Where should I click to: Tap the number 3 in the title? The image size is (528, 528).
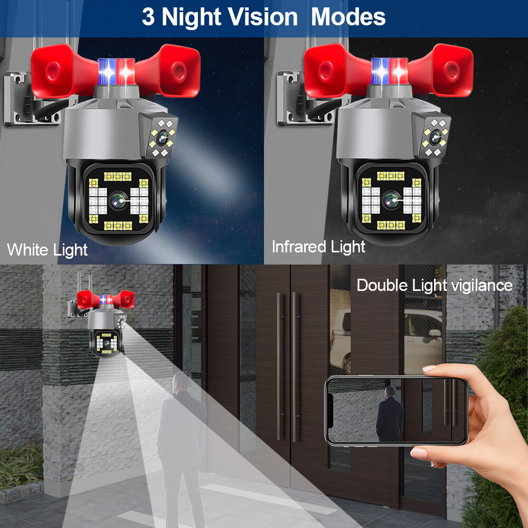(148, 17)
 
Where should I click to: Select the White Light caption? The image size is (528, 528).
(47, 249)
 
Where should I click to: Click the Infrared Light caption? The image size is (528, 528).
(318, 247)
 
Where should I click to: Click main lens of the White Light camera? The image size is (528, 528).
(119, 200)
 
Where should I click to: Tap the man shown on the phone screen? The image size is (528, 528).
(389, 414)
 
